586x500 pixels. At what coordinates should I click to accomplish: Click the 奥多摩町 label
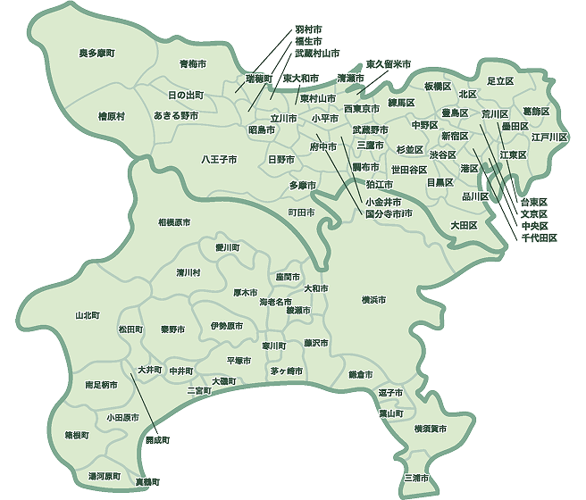pyautogui.click(x=97, y=54)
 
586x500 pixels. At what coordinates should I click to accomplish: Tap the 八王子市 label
pyautogui.click(x=218, y=160)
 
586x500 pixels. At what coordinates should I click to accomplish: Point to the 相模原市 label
pyautogui.click(x=175, y=221)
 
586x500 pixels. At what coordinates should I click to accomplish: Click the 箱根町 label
pyautogui.click(x=77, y=436)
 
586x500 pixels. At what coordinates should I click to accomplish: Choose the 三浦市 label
pyautogui.click(x=415, y=478)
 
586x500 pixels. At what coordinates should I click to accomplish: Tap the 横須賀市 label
pyautogui.click(x=431, y=429)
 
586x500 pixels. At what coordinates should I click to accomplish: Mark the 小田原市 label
pyautogui.click(x=121, y=417)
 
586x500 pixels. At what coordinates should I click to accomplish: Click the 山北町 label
pyautogui.click(x=88, y=315)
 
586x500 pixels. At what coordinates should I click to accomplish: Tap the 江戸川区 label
pyautogui.click(x=548, y=137)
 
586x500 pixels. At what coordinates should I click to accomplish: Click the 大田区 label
pyautogui.click(x=464, y=225)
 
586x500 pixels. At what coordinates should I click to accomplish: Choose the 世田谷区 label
pyautogui.click(x=408, y=169)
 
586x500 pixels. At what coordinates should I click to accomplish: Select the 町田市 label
pyautogui.click(x=301, y=212)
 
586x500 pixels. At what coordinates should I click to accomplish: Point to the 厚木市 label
pyautogui.click(x=245, y=292)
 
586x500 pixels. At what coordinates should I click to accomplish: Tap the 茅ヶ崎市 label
pyautogui.click(x=286, y=371)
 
